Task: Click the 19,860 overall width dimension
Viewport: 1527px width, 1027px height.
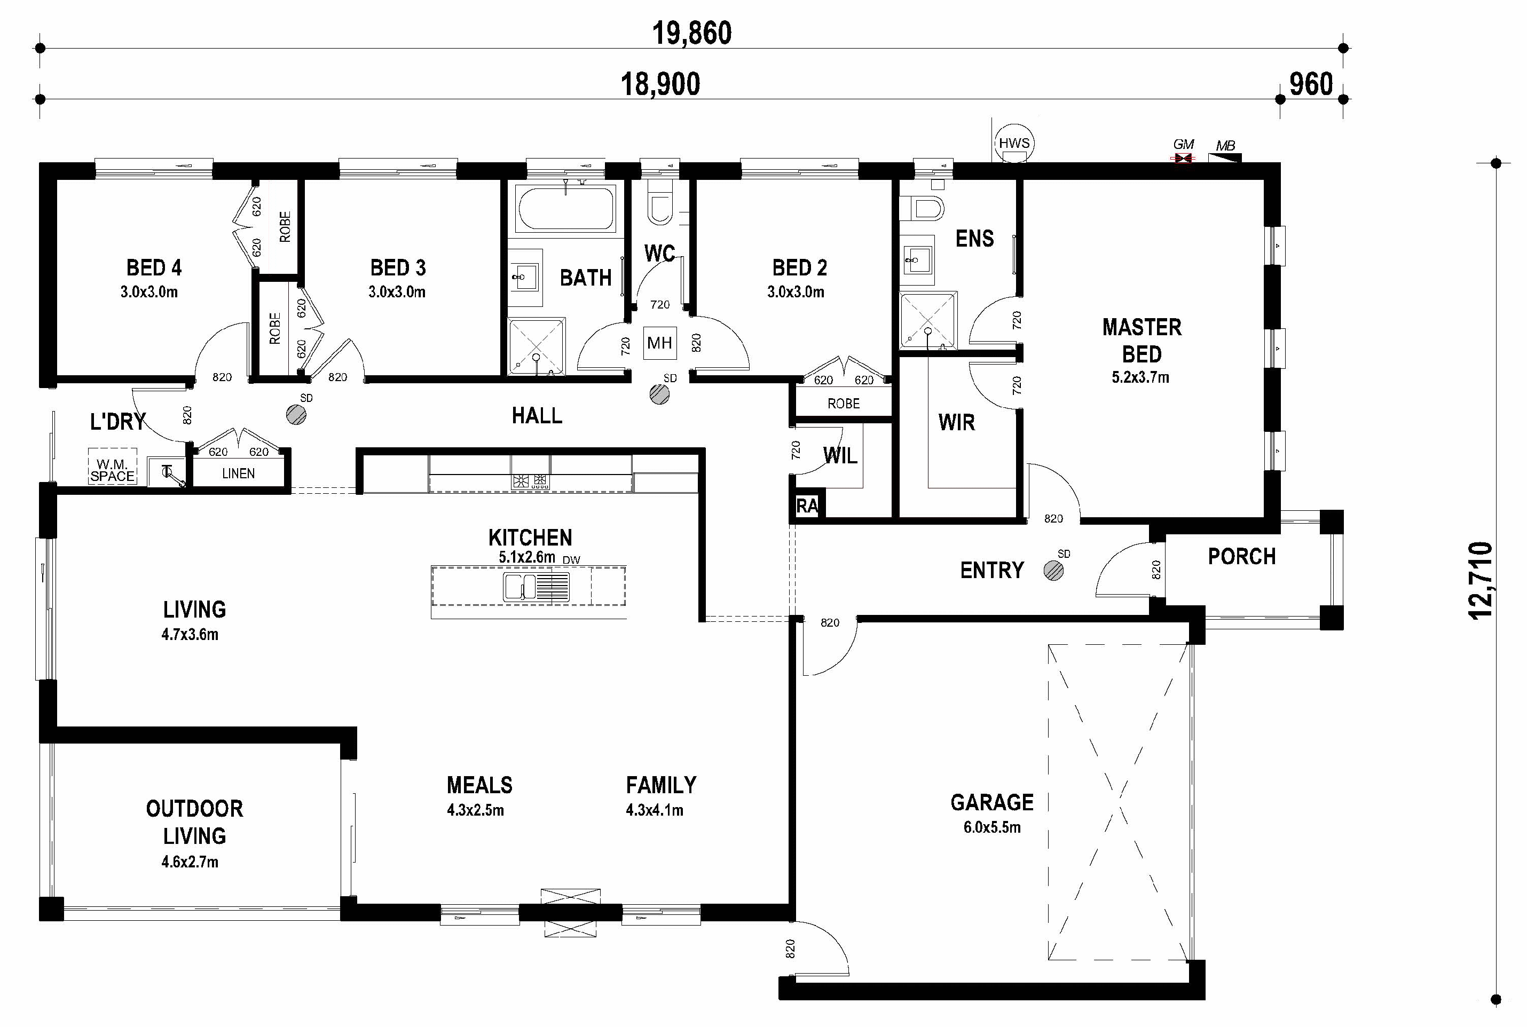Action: click(x=692, y=33)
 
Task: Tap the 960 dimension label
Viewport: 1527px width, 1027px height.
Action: click(x=1311, y=84)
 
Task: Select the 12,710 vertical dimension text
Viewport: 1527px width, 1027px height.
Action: click(x=1480, y=580)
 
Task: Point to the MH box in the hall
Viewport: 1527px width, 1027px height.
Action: click(x=660, y=343)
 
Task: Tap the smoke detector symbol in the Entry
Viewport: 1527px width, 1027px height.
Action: click(x=1053, y=571)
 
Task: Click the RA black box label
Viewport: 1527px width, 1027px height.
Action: click(x=808, y=505)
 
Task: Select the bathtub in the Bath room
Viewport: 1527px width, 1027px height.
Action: click(x=566, y=208)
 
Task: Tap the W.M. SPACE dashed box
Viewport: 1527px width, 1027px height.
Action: click(x=113, y=467)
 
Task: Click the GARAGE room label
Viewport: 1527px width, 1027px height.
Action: click(x=992, y=802)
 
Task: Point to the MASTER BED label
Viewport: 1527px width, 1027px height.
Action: click(x=1142, y=341)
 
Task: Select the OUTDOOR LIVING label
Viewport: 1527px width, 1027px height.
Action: click(x=194, y=822)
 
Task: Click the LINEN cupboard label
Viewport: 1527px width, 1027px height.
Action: click(x=239, y=473)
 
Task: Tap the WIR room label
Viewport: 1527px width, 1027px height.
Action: click(x=956, y=422)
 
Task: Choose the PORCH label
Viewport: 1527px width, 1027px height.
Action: click(x=1241, y=557)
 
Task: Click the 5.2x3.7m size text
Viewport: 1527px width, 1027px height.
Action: click(x=1140, y=377)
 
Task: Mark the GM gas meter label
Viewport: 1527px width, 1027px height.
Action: click(x=1183, y=144)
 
